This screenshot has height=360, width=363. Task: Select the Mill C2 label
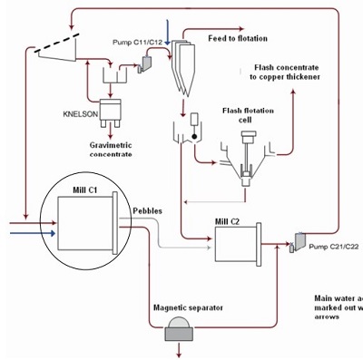(x=226, y=219)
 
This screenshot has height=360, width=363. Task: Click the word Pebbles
(x=149, y=209)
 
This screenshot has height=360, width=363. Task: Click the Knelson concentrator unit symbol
(x=114, y=109)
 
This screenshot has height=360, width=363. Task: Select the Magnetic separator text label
(x=189, y=307)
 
